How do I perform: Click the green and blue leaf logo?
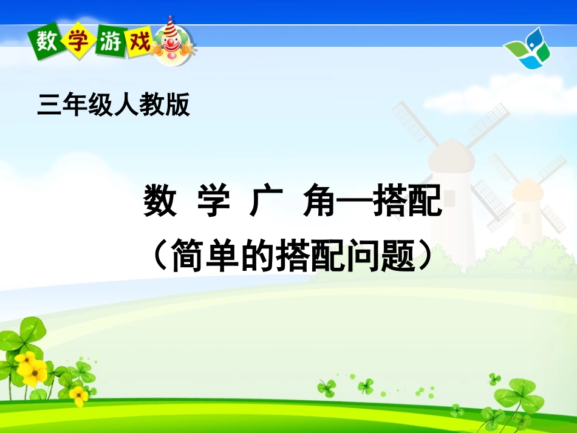[527, 49]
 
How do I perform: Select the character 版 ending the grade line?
[178, 104]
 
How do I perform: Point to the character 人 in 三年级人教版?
[126, 104]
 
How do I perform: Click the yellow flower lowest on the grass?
[78, 396]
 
